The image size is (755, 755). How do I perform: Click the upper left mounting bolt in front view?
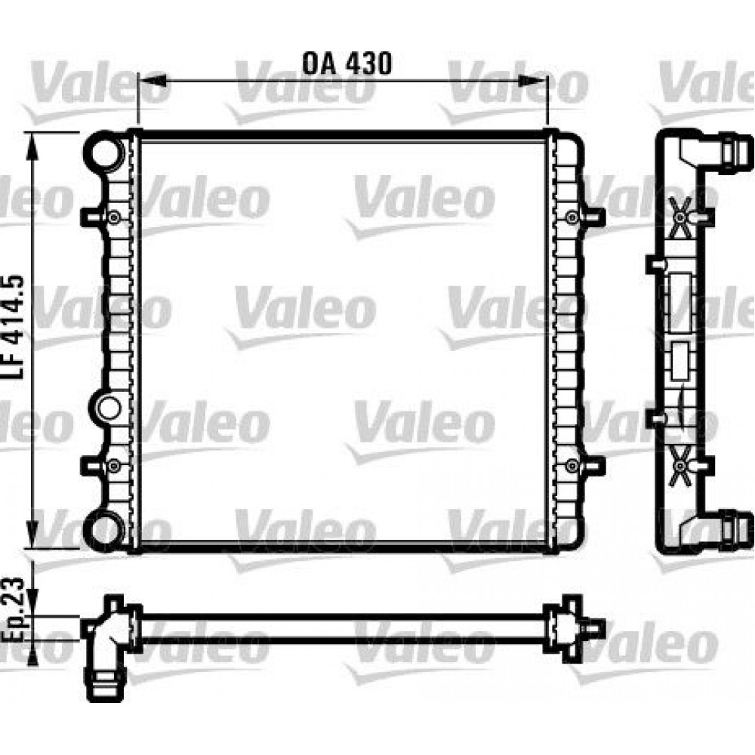coord(113,217)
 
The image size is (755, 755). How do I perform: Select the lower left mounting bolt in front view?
coord(113,465)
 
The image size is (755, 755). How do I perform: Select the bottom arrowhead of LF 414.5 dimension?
coord(31,538)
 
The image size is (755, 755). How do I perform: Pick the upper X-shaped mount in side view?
coord(681,216)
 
